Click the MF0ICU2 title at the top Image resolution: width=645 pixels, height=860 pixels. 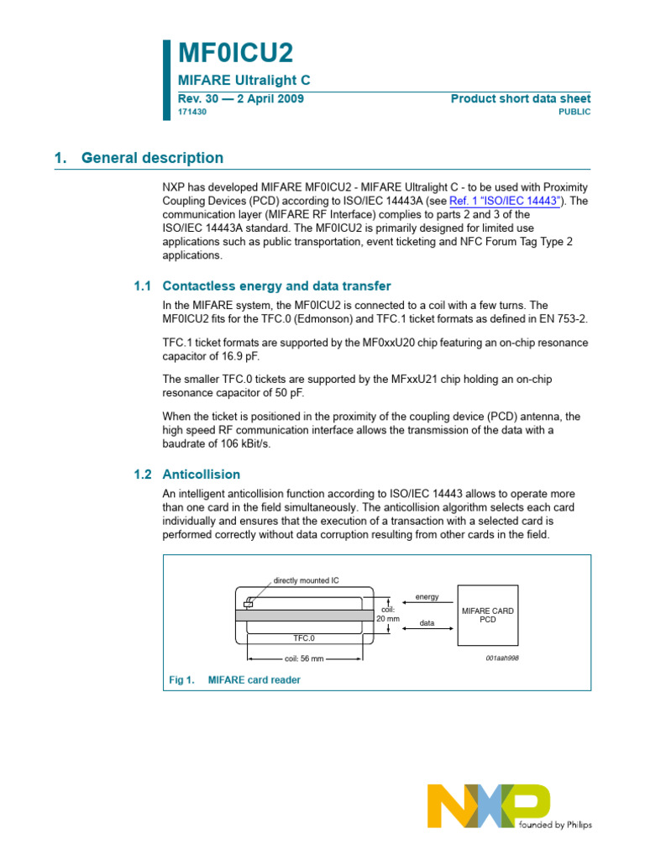(236, 54)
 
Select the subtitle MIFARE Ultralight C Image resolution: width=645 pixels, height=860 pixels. (244, 80)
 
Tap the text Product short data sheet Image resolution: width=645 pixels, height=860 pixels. (521, 99)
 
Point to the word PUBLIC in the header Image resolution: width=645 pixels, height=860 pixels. (574, 112)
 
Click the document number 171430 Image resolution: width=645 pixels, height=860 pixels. (192, 112)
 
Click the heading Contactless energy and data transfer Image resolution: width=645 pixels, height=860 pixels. (276, 286)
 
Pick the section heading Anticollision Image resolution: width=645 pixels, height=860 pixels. (201, 474)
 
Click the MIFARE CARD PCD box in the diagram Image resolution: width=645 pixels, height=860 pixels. (488, 615)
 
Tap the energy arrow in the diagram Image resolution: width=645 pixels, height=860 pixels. (427, 602)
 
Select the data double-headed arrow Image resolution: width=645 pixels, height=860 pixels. (427, 629)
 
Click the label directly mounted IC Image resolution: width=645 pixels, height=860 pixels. (306, 580)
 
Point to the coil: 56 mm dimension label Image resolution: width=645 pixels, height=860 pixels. (303, 659)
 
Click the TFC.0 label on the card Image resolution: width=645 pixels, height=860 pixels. (303, 638)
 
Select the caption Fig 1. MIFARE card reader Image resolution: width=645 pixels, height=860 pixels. (235, 680)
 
